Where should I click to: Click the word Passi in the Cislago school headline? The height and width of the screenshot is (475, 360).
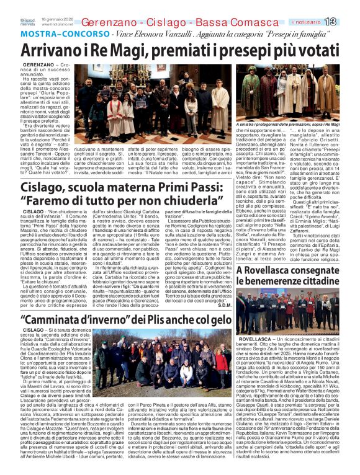click(156, 187)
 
